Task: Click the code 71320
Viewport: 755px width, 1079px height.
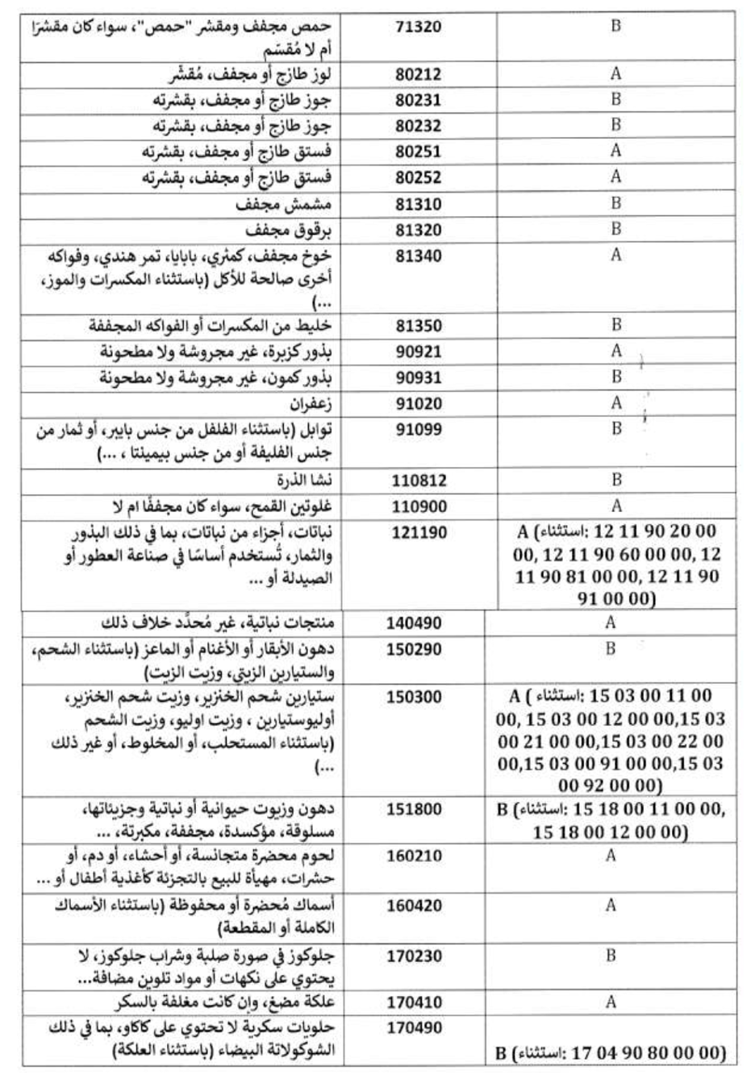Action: (419, 27)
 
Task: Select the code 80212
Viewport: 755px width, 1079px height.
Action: (419, 75)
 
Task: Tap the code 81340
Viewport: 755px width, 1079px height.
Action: (419, 256)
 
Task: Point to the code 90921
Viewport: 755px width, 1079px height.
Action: (419, 352)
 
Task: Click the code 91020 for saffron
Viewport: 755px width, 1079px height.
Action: (419, 403)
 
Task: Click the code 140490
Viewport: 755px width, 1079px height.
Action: (413, 623)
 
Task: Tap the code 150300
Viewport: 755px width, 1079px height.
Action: (413, 697)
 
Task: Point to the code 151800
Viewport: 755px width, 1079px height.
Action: (413, 809)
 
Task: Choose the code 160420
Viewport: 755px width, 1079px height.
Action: (413, 906)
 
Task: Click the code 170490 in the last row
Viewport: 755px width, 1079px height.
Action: (413, 1028)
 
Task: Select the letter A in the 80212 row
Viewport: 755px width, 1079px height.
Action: (615, 73)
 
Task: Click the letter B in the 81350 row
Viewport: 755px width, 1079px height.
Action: (615, 325)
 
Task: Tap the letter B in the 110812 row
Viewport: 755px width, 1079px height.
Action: (615, 480)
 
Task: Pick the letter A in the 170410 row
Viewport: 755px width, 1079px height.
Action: (611, 1002)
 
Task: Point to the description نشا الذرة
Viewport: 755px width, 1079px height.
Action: (304, 481)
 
